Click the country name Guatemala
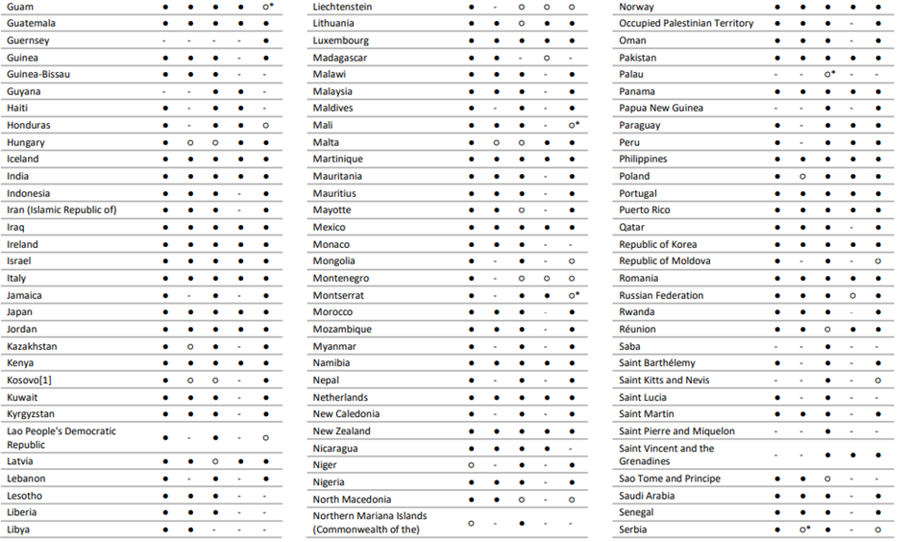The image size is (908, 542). tap(31, 23)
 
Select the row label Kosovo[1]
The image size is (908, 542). tap(29, 381)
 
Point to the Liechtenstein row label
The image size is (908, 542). tap(342, 7)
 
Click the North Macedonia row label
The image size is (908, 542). tap(352, 500)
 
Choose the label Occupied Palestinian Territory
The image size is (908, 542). tap(686, 23)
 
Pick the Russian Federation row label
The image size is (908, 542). tap(661, 296)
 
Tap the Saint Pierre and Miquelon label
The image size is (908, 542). tap(676, 431)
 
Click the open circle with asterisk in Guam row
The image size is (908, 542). tap(265, 7)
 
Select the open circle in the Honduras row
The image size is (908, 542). tap(265, 126)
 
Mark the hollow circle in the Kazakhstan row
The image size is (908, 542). tap(190, 346)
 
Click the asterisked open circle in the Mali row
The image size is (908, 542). tap(572, 126)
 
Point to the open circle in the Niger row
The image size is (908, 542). tap(471, 465)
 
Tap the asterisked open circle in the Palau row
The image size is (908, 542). tap(827, 74)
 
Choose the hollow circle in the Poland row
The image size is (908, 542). tap(802, 177)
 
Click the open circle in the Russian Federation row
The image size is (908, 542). tap(852, 296)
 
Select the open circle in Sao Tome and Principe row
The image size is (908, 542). tap(827, 479)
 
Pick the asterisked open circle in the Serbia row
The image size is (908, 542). tap(802, 530)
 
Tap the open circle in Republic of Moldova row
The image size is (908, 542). tap(877, 261)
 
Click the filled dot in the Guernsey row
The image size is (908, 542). tap(265, 40)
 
